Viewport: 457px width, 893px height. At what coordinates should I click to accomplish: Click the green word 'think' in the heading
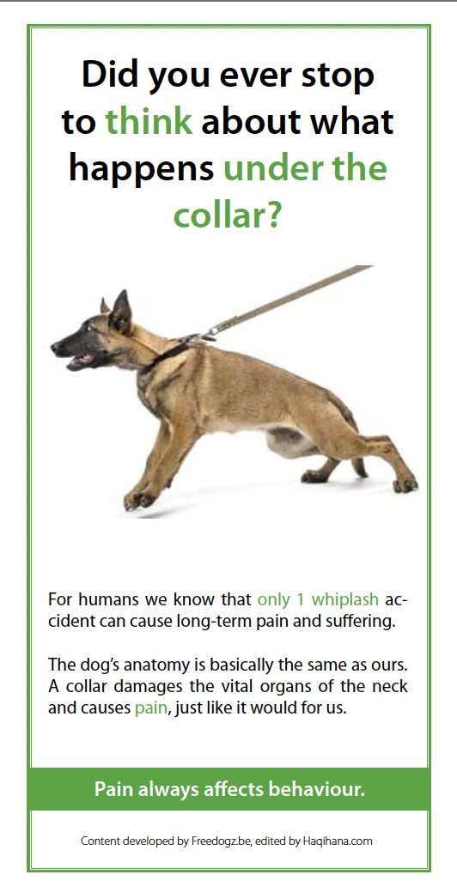[149, 121]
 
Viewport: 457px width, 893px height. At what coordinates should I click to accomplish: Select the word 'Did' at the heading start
[110, 75]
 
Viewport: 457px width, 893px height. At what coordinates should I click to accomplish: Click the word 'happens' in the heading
[142, 169]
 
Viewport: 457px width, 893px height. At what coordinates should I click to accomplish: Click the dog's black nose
[55, 346]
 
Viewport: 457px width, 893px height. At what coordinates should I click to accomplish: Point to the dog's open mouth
[81, 361]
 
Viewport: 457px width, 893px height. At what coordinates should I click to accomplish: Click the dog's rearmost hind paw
[405, 484]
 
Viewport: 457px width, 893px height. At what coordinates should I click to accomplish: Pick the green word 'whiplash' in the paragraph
[344, 599]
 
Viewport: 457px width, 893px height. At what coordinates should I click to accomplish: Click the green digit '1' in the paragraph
[301, 599]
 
